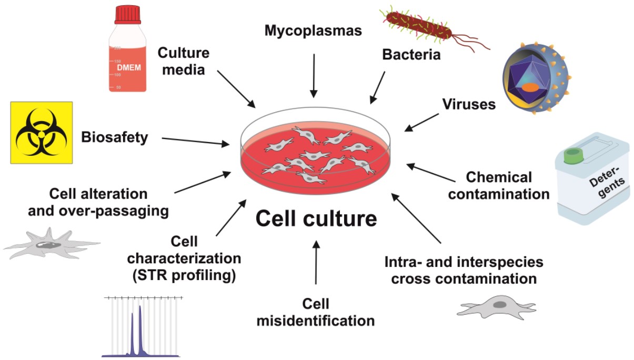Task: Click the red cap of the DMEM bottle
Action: click(x=127, y=14)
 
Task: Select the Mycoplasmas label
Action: click(x=314, y=31)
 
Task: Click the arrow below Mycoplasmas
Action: click(x=314, y=74)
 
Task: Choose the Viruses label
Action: click(x=469, y=104)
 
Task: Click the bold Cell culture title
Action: click(x=316, y=218)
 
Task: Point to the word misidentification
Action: click(x=316, y=319)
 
